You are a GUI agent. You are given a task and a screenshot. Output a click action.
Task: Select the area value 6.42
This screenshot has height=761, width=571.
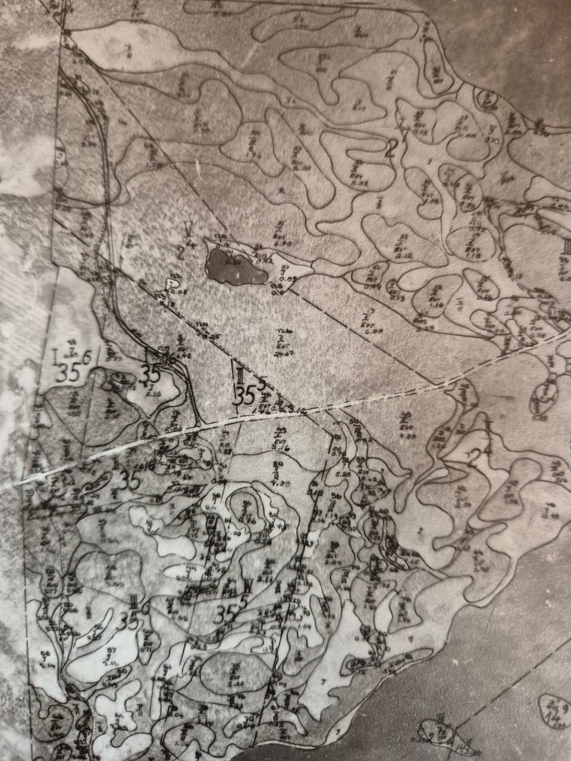[176, 355]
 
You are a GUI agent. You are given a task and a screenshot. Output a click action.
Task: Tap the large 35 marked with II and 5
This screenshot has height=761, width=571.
[243, 394]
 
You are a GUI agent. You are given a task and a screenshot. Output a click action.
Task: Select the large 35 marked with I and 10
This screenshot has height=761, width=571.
[130, 479]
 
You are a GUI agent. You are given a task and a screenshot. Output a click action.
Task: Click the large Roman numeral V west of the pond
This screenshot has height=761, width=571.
[188, 228]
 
